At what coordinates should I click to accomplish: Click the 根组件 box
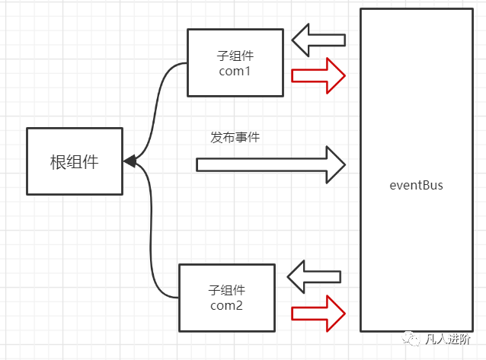click(x=74, y=161)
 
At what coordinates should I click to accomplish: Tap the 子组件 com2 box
click(x=226, y=298)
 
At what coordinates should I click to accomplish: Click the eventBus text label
click(x=415, y=185)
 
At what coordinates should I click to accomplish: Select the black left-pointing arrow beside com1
click(x=318, y=40)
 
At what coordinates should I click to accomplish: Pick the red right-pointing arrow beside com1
click(x=319, y=75)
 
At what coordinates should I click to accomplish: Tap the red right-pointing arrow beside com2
click(x=318, y=312)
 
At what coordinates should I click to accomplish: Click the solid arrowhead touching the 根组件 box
click(x=129, y=161)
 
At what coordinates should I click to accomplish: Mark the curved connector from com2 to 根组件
click(x=155, y=244)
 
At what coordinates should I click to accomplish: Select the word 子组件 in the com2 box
click(x=226, y=290)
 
